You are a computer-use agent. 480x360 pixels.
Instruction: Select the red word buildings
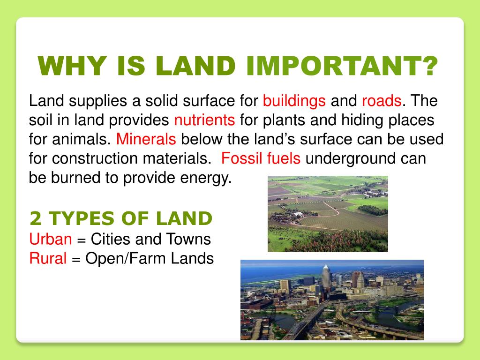coord(294,101)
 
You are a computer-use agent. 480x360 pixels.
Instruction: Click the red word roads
coord(382,101)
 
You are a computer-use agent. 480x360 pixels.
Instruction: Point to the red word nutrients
coord(204,120)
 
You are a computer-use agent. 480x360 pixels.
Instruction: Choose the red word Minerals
coord(146,139)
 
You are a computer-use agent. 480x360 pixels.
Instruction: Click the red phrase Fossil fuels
coord(261,158)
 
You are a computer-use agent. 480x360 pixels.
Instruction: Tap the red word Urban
coord(51,240)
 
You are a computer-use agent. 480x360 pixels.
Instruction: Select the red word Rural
coord(48,258)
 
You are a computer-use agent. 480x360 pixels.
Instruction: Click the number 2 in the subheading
coord(35,218)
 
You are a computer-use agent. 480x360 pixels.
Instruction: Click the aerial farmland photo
coord(328,214)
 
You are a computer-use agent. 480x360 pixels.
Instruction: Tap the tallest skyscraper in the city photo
coord(326,277)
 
